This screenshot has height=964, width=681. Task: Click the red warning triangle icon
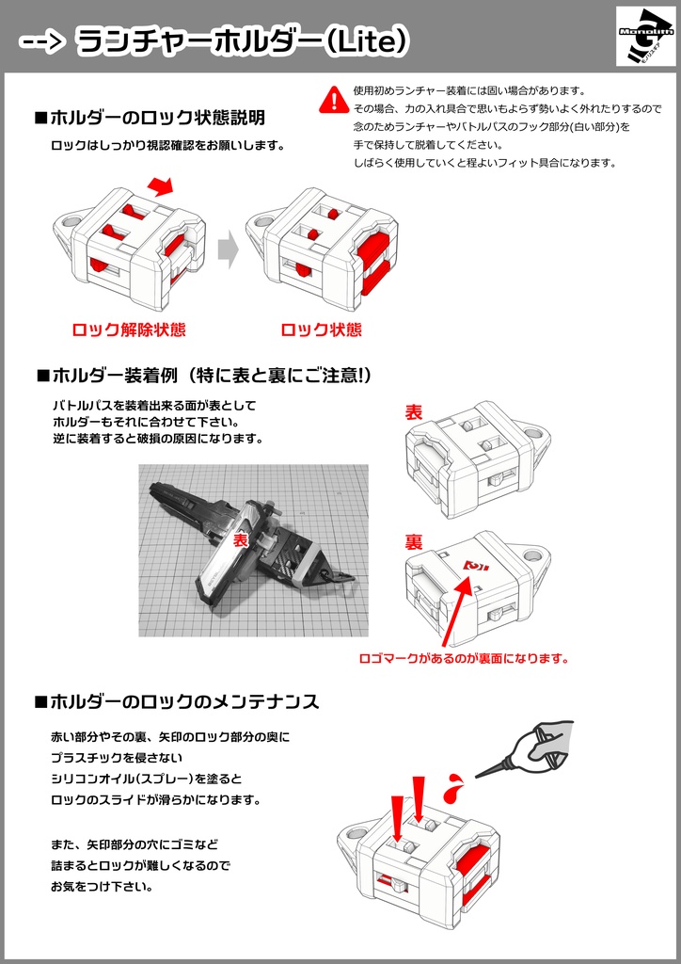(333, 98)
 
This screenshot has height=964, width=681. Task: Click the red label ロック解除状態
(129, 330)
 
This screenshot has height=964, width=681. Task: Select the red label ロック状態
(321, 330)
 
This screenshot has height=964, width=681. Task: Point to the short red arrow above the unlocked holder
(162, 185)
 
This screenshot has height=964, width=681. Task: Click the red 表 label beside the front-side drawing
(413, 412)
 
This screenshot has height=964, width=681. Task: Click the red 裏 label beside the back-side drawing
(413, 542)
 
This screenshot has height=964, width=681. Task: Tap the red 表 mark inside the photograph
(240, 541)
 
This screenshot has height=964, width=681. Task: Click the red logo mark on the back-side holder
(478, 566)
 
